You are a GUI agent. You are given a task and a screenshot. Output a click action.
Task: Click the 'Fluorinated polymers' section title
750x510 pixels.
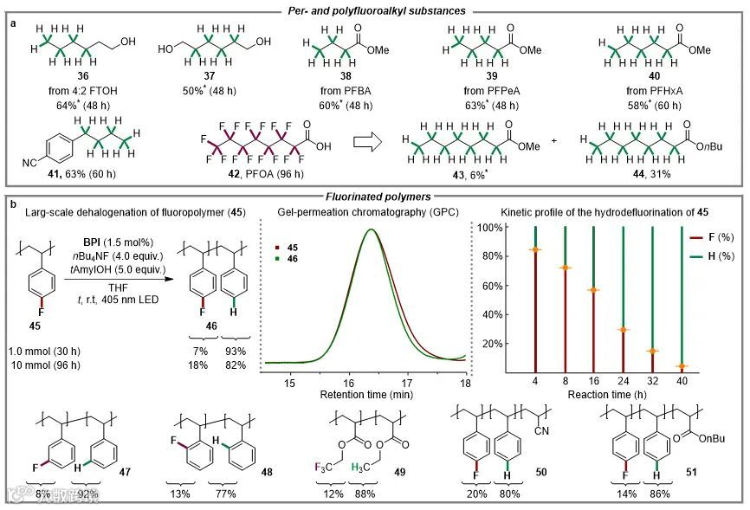[x=375, y=197]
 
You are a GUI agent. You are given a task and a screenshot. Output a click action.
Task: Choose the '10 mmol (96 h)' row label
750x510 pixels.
[x=46, y=365]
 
